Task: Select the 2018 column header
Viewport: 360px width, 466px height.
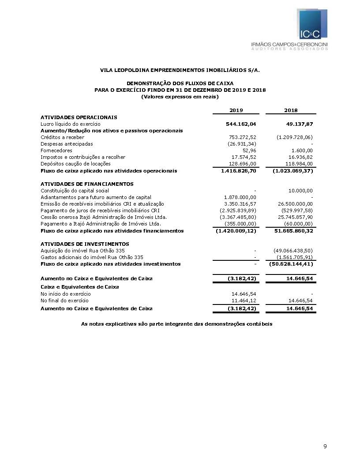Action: point(291,110)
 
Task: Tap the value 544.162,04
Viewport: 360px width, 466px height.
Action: point(241,124)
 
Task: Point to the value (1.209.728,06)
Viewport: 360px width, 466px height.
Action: point(295,137)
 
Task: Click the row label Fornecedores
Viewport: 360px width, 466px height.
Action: point(56,150)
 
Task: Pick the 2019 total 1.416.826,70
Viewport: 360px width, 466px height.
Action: point(239,170)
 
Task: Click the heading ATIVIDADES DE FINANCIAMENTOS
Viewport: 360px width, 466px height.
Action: point(87,184)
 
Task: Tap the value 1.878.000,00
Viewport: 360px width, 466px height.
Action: point(240,197)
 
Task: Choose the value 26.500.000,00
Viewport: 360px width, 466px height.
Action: point(294,203)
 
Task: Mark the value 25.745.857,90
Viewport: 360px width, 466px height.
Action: point(294,217)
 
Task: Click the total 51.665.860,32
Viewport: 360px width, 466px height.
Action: point(292,230)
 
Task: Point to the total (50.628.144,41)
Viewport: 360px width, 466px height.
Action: point(292,264)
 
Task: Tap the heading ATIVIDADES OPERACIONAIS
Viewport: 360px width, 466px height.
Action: point(79,117)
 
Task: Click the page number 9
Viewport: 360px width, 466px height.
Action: point(325,447)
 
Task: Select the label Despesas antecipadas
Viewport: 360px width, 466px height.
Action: point(67,144)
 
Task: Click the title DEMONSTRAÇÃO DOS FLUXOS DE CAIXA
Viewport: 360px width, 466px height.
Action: point(180,83)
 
